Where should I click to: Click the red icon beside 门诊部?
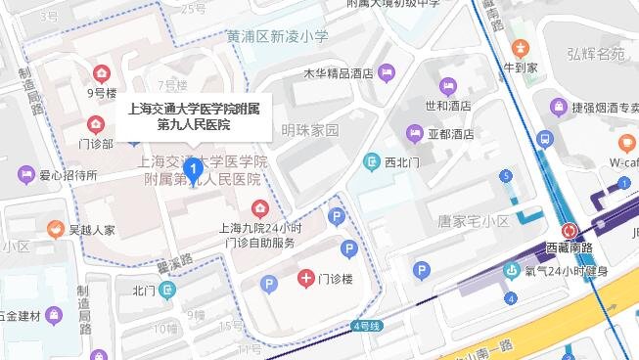point(95,123)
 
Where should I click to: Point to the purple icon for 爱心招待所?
point(25,175)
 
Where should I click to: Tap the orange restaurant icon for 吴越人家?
point(55,230)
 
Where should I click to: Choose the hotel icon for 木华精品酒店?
point(388,71)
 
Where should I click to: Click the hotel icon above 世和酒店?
point(448,86)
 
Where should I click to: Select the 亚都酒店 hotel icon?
point(414,132)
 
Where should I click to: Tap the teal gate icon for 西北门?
point(371,161)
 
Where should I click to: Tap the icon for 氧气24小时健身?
point(510,271)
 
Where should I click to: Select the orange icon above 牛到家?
point(520,47)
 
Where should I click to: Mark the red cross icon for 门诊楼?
point(306,279)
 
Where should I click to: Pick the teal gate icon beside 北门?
point(167,290)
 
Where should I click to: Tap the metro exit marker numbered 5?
point(506,176)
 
